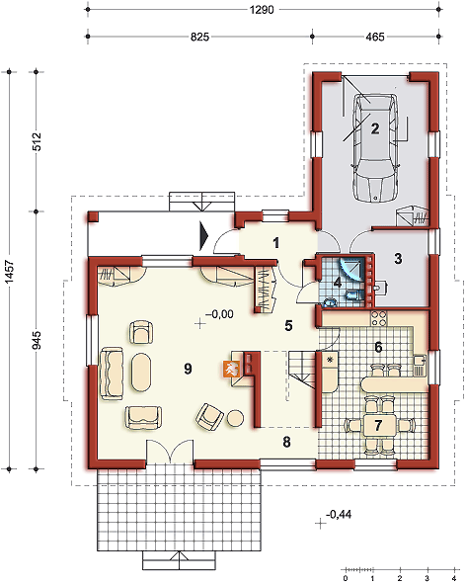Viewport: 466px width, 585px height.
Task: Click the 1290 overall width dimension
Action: (262, 9)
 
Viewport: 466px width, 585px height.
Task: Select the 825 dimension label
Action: (199, 37)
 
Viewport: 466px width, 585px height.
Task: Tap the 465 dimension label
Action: (374, 37)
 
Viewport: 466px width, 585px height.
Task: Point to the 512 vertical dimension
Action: (37, 141)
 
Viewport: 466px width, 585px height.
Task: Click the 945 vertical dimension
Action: (37, 340)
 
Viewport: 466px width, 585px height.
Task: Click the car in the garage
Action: (375, 147)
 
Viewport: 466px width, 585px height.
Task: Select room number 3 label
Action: (398, 258)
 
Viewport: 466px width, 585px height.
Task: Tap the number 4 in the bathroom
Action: (338, 282)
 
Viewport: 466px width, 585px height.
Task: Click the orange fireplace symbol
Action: (231, 369)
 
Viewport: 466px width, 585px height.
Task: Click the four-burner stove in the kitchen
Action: (379, 318)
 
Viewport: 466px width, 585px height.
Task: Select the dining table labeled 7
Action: (378, 425)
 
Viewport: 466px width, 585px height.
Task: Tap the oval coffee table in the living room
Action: (141, 373)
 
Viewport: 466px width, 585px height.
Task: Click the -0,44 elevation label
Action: (339, 515)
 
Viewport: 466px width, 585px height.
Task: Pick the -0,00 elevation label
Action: (219, 314)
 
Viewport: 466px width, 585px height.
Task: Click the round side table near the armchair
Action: (236, 418)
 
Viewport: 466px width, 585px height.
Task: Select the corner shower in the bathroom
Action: (350, 268)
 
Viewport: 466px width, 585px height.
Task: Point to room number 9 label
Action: (188, 369)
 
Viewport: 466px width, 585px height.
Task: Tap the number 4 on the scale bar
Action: (454, 579)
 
